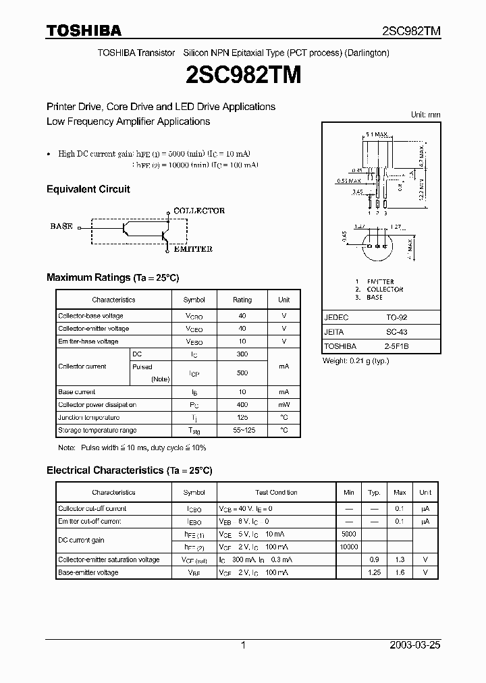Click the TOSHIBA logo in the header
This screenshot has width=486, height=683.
point(84,30)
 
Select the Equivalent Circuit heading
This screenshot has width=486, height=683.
point(88,190)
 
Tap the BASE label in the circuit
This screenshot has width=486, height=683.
point(61,227)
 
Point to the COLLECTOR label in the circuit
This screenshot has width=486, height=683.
point(199,211)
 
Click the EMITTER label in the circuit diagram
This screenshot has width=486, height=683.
point(193,249)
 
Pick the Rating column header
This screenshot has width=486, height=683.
point(242,300)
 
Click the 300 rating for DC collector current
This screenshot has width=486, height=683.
point(242,354)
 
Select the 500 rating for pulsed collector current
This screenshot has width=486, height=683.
point(242,373)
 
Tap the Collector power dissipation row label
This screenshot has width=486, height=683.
point(97,405)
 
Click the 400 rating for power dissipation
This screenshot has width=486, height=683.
point(242,405)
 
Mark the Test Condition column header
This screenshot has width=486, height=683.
point(276,493)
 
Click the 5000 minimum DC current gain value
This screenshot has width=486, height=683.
point(349,534)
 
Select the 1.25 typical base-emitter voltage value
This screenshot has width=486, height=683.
point(374,572)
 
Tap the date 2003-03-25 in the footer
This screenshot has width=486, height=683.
point(415,645)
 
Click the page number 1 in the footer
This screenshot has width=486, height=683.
point(243,645)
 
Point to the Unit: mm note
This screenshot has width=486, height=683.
point(425,115)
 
